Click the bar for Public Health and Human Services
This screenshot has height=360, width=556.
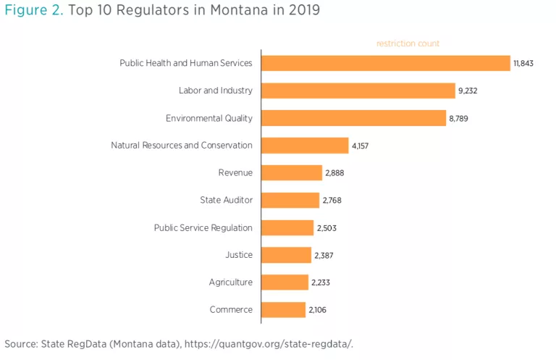(x=386, y=63)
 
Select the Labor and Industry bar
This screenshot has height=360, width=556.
(x=358, y=91)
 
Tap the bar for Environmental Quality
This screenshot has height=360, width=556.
(x=353, y=118)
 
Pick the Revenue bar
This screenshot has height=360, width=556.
(x=291, y=172)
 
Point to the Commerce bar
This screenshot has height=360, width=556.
(x=283, y=310)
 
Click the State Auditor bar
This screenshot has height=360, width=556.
(x=290, y=200)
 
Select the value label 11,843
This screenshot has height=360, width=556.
(x=523, y=64)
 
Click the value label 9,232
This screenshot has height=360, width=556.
(x=468, y=91)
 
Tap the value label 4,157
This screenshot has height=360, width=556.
(x=361, y=146)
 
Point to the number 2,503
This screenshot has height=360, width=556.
(x=327, y=228)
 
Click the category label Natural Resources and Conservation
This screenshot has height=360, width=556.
(x=182, y=146)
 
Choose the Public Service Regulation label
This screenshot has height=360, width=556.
(x=203, y=227)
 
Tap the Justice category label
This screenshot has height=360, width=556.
(x=239, y=255)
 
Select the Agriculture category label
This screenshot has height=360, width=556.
(x=230, y=282)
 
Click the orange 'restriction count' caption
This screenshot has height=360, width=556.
(x=408, y=43)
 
